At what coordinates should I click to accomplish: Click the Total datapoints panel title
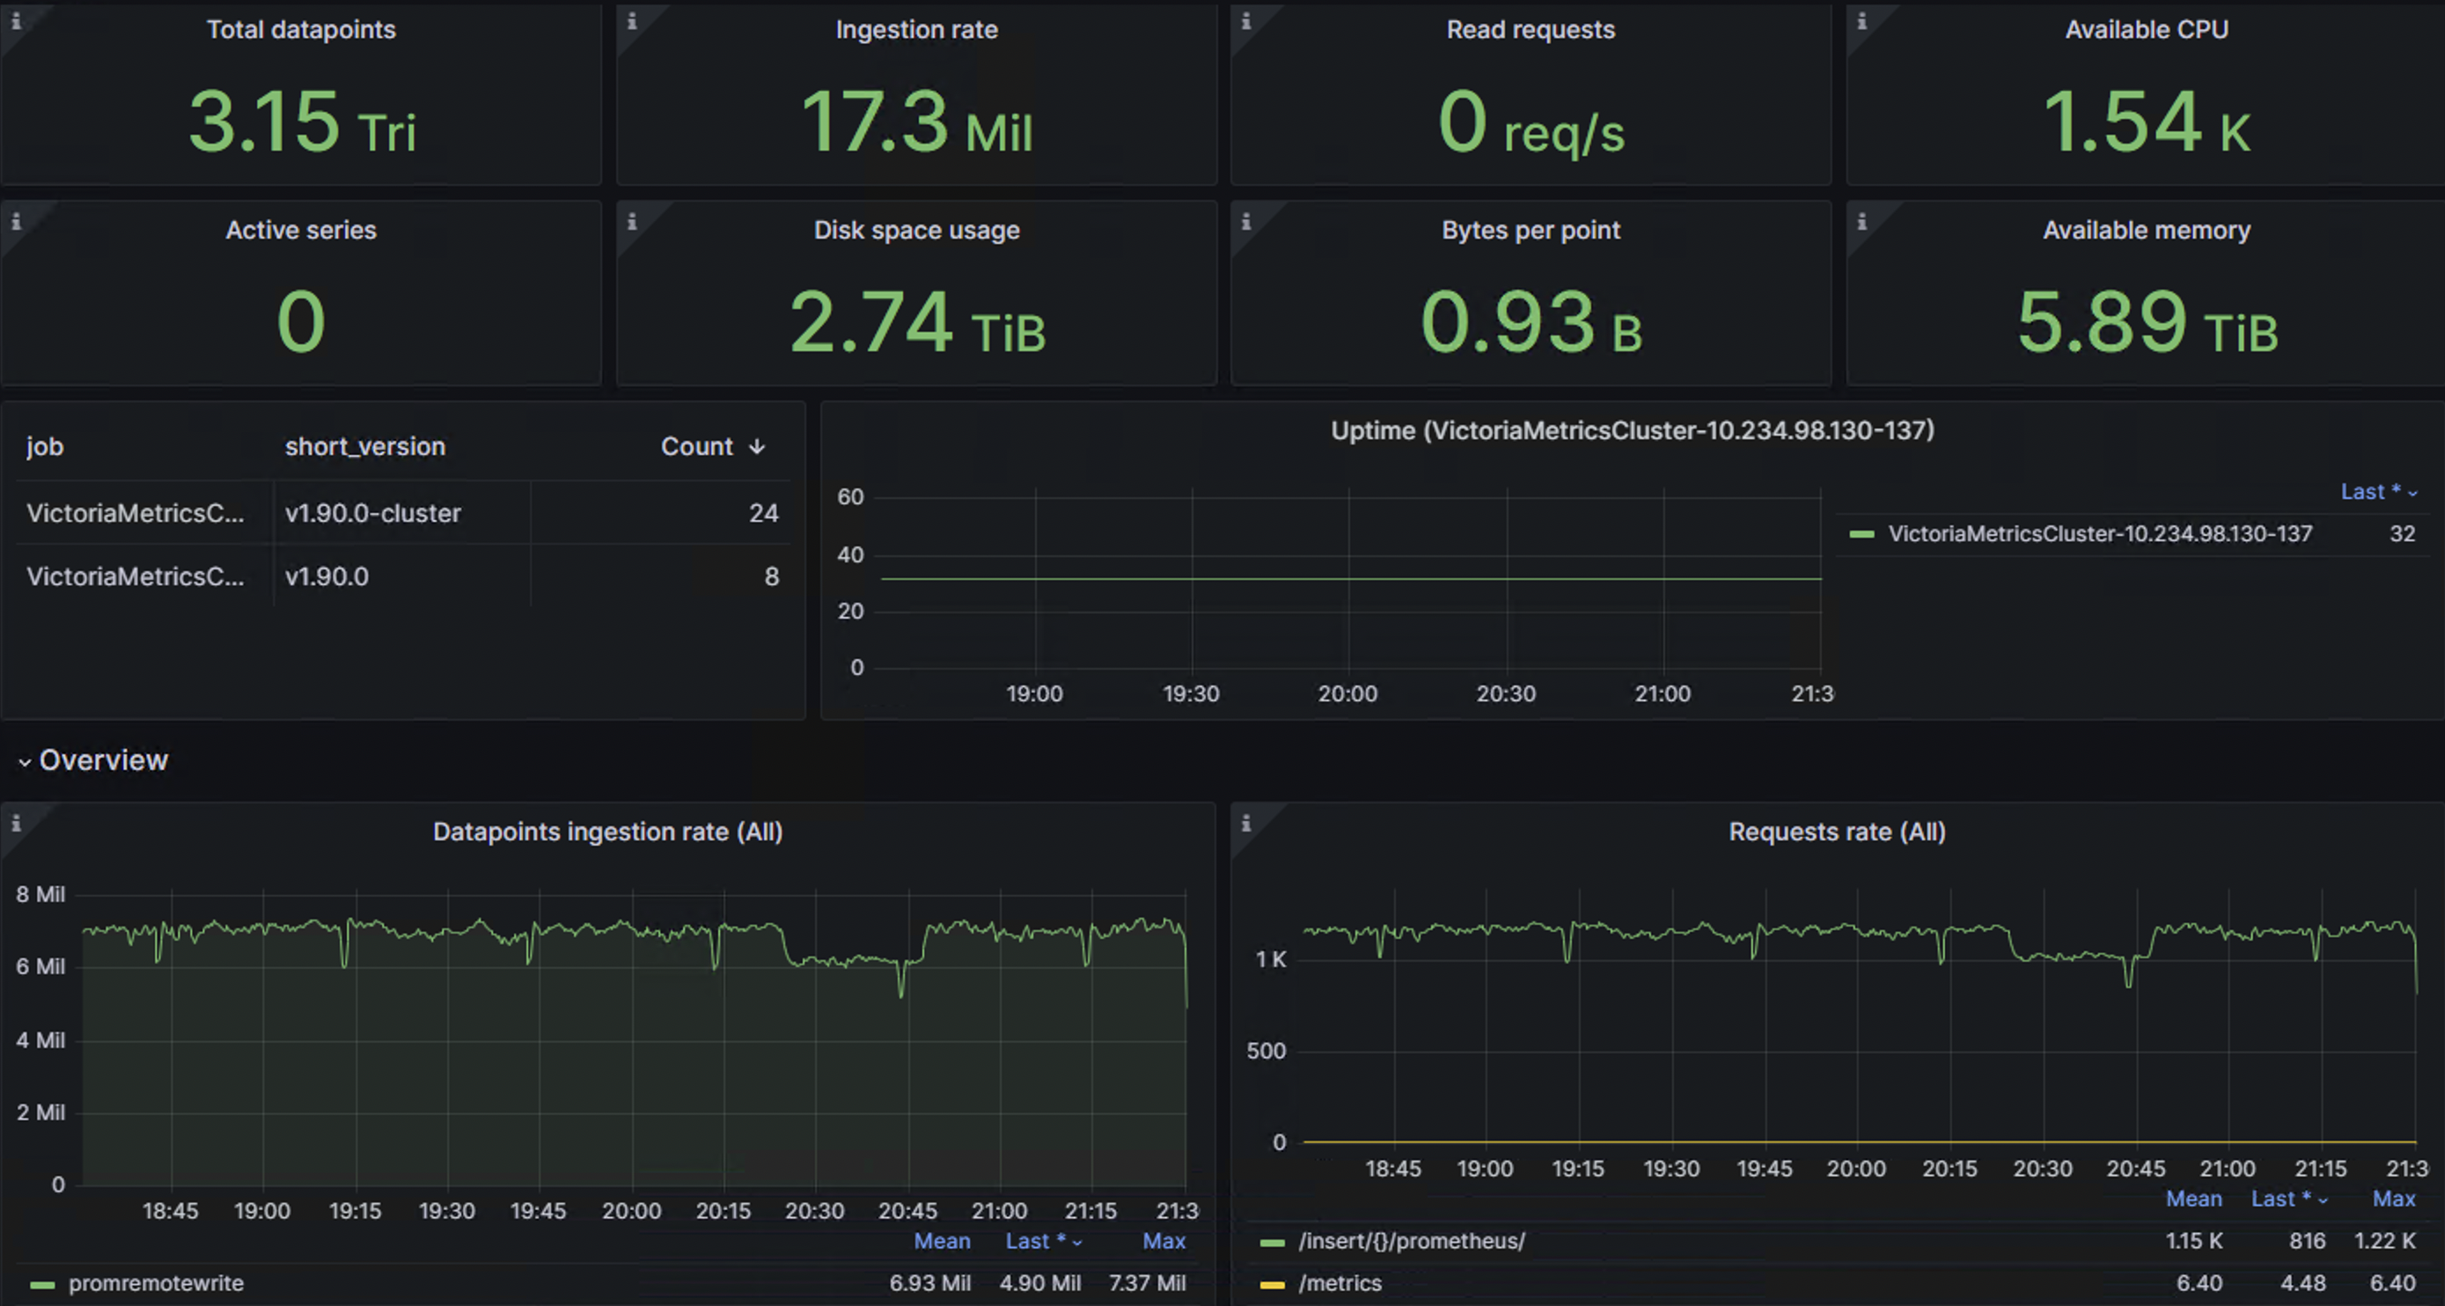click(x=301, y=29)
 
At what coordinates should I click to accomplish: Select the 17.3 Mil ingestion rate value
click(x=916, y=122)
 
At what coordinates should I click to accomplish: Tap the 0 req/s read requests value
click(x=1530, y=122)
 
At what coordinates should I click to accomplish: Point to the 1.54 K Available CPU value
click(x=2145, y=122)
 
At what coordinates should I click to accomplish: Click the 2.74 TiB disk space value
click(x=916, y=323)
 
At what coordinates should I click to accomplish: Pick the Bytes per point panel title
click(x=1530, y=231)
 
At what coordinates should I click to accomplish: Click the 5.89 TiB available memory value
click(x=2145, y=323)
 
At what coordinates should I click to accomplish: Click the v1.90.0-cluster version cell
click(x=373, y=513)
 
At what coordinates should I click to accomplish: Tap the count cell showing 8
click(x=771, y=577)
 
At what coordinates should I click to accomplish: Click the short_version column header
click(x=364, y=447)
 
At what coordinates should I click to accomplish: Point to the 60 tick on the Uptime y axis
click(x=850, y=497)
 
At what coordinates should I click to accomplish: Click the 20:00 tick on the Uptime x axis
click(x=1347, y=694)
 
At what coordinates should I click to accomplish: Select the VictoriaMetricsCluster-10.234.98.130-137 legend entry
click(x=2098, y=534)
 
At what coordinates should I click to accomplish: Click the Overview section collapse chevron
click(x=25, y=761)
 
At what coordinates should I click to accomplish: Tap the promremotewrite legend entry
click(x=156, y=1283)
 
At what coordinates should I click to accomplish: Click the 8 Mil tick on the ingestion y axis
click(x=40, y=894)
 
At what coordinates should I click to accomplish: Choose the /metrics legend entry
click(x=1340, y=1283)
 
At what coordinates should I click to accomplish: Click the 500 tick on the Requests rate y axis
click(x=1266, y=1051)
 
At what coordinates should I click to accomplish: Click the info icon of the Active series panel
click(x=16, y=222)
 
